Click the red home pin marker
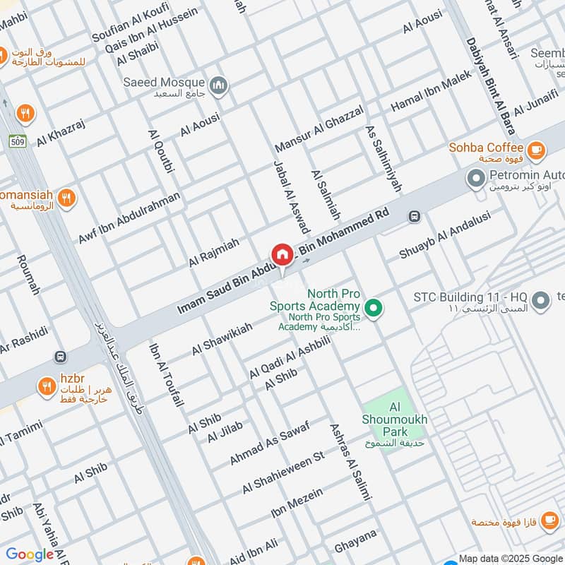pyautogui.click(x=282, y=254)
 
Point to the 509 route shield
pyautogui.click(x=18, y=141)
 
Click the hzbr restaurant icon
pyautogui.click(x=47, y=386)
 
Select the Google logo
pyautogui.click(x=30, y=554)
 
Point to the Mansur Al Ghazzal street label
pyautogui.click(x=319, y=128)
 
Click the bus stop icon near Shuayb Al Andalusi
pyautogui.click(x=415, y=217)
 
